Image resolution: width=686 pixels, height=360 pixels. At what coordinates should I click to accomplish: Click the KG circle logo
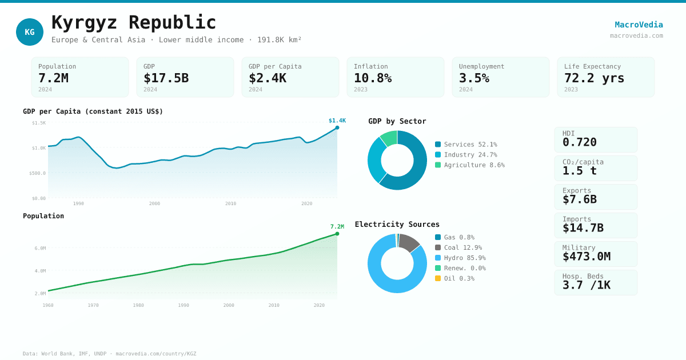tap(30, 32)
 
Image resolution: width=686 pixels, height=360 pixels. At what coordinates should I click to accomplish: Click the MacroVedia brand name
tap(639, 25)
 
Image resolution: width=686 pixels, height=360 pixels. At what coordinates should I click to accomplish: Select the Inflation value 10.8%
tap(373, 78)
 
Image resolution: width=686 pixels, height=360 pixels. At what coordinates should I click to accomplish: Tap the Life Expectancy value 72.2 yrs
tap(594, 78)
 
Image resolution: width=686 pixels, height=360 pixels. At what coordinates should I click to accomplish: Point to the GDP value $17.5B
tap(166, 78)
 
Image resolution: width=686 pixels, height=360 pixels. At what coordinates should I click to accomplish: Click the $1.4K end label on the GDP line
tap(337, 121)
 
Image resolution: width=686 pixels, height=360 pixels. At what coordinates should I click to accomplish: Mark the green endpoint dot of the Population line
tap(337, 234)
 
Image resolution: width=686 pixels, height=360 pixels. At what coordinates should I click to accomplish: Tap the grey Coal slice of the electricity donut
tap(409, 242)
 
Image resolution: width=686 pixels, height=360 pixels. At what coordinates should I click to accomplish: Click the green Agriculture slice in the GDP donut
tap(389, 137)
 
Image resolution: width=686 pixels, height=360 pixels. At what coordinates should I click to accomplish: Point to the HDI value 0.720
tap(579, 142)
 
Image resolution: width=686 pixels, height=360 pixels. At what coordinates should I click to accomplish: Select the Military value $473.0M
tap(586, 257)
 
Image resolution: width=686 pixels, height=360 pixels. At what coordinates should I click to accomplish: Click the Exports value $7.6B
tap(579, 199)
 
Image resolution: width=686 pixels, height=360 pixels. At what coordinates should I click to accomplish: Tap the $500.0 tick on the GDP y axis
tap(38, 173)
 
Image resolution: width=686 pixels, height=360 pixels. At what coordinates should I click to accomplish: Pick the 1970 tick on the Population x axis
tap(93, 305)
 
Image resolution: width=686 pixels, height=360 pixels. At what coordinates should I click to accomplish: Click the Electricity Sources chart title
tap(397, 224)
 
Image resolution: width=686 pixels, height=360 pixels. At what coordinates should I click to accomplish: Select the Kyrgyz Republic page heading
tap(134, 22)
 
